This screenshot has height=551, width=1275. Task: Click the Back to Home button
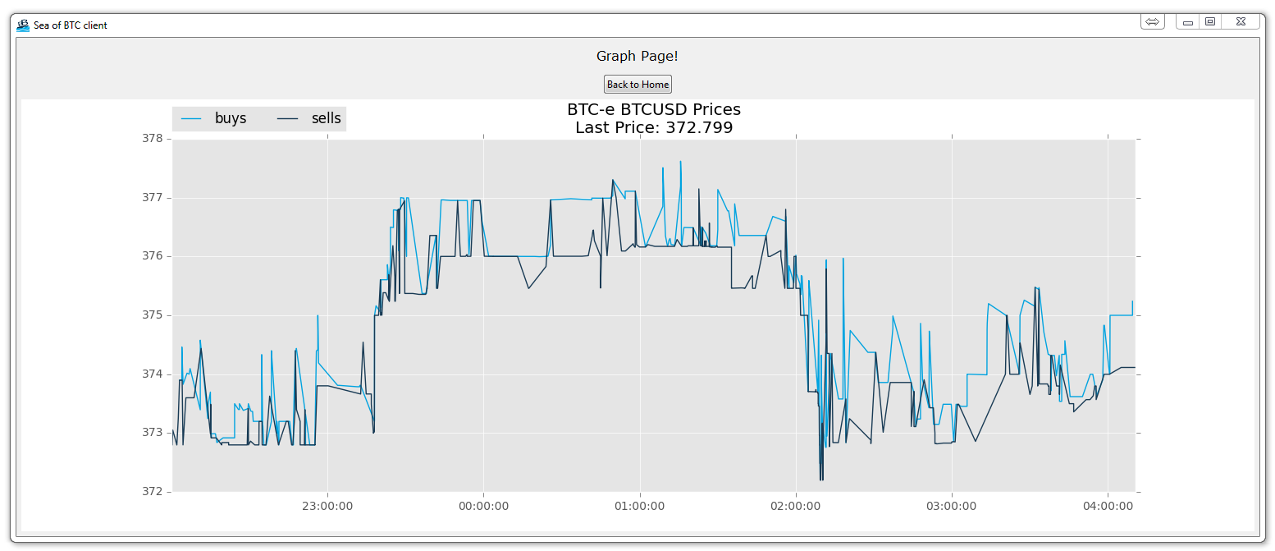pos(637,85)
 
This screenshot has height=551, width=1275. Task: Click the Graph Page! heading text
pos(637,56)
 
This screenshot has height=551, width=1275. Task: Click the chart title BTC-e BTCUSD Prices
pos(654,109)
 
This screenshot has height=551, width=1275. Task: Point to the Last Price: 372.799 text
pos(654,127)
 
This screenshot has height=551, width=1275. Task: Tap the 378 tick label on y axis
pos(153,139)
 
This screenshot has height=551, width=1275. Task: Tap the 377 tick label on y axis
pos(153,198)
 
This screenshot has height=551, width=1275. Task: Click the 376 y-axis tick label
pos(153,256)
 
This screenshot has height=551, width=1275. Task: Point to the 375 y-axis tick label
pos(153,315)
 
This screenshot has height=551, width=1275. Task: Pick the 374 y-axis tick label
pos(153,374)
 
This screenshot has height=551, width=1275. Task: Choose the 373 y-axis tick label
pos(153,433)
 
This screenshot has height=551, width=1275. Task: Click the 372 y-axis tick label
pos(153,492)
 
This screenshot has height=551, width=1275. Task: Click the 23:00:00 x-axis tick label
pos(327,506)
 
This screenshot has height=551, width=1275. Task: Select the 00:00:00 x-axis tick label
pos(483,506)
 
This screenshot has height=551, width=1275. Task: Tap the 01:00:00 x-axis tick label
pos(639,506)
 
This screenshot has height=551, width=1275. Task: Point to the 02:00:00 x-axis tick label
pos(796,506)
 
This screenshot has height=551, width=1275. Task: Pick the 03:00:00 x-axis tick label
pos(952,506)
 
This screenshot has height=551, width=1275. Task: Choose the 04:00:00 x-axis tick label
pos(1108,506)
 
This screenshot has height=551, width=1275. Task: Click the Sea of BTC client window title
pos(71,25)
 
